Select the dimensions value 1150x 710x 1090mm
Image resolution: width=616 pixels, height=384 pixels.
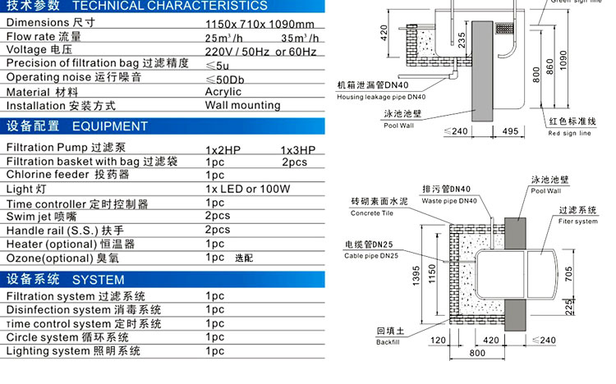(x=259, y=23)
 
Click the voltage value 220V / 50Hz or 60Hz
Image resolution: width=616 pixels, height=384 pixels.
(x=260, y=51)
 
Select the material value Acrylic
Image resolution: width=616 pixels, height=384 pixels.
(x=223, y=92)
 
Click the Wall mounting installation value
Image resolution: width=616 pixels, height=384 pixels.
(x=242, y=106)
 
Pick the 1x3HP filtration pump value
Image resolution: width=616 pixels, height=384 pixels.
(x=297, y=149)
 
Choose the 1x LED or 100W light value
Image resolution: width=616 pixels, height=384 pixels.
(x=248, y=189)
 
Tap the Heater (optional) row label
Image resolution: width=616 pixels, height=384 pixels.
(x=70, y=245)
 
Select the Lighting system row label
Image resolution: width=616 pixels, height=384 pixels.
(x=73, y=351)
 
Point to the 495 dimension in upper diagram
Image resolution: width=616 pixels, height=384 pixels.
(x=509, y=131)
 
